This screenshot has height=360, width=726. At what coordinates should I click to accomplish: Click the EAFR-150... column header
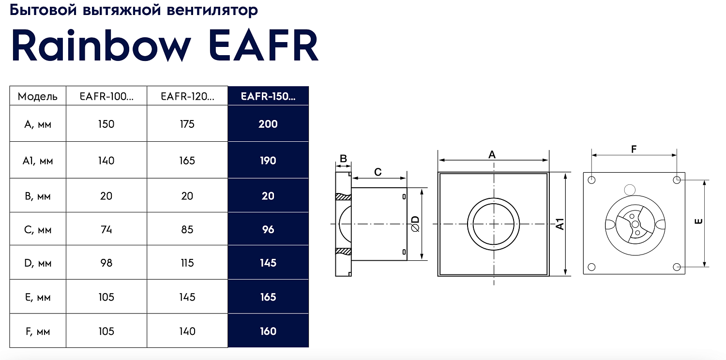pos(268,96)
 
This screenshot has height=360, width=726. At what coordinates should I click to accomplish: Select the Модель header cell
pos(38,96)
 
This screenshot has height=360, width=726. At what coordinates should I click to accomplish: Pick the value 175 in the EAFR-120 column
pos(187,124)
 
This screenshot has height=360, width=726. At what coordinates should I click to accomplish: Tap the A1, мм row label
pos(38,161)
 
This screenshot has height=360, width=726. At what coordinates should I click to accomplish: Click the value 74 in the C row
pos(106,229)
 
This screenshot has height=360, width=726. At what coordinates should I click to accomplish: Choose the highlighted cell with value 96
pos(268,229)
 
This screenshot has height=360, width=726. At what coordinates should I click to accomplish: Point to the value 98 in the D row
pos(106,263)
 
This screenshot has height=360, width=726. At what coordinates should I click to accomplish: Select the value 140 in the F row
pos(187,331)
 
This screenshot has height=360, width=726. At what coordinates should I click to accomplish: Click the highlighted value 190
pos(268,161)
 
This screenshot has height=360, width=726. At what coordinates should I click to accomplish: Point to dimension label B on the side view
pos(343,158)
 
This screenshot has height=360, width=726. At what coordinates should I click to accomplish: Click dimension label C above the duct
pos(378,172)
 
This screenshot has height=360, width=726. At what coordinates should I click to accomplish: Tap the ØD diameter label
pos(415,224)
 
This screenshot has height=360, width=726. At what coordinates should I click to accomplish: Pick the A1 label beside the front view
pos(560,224)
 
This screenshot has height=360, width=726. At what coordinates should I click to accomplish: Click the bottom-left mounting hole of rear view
pos(591,267)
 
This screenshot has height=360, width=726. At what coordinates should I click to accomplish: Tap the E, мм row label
pos(38,297)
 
